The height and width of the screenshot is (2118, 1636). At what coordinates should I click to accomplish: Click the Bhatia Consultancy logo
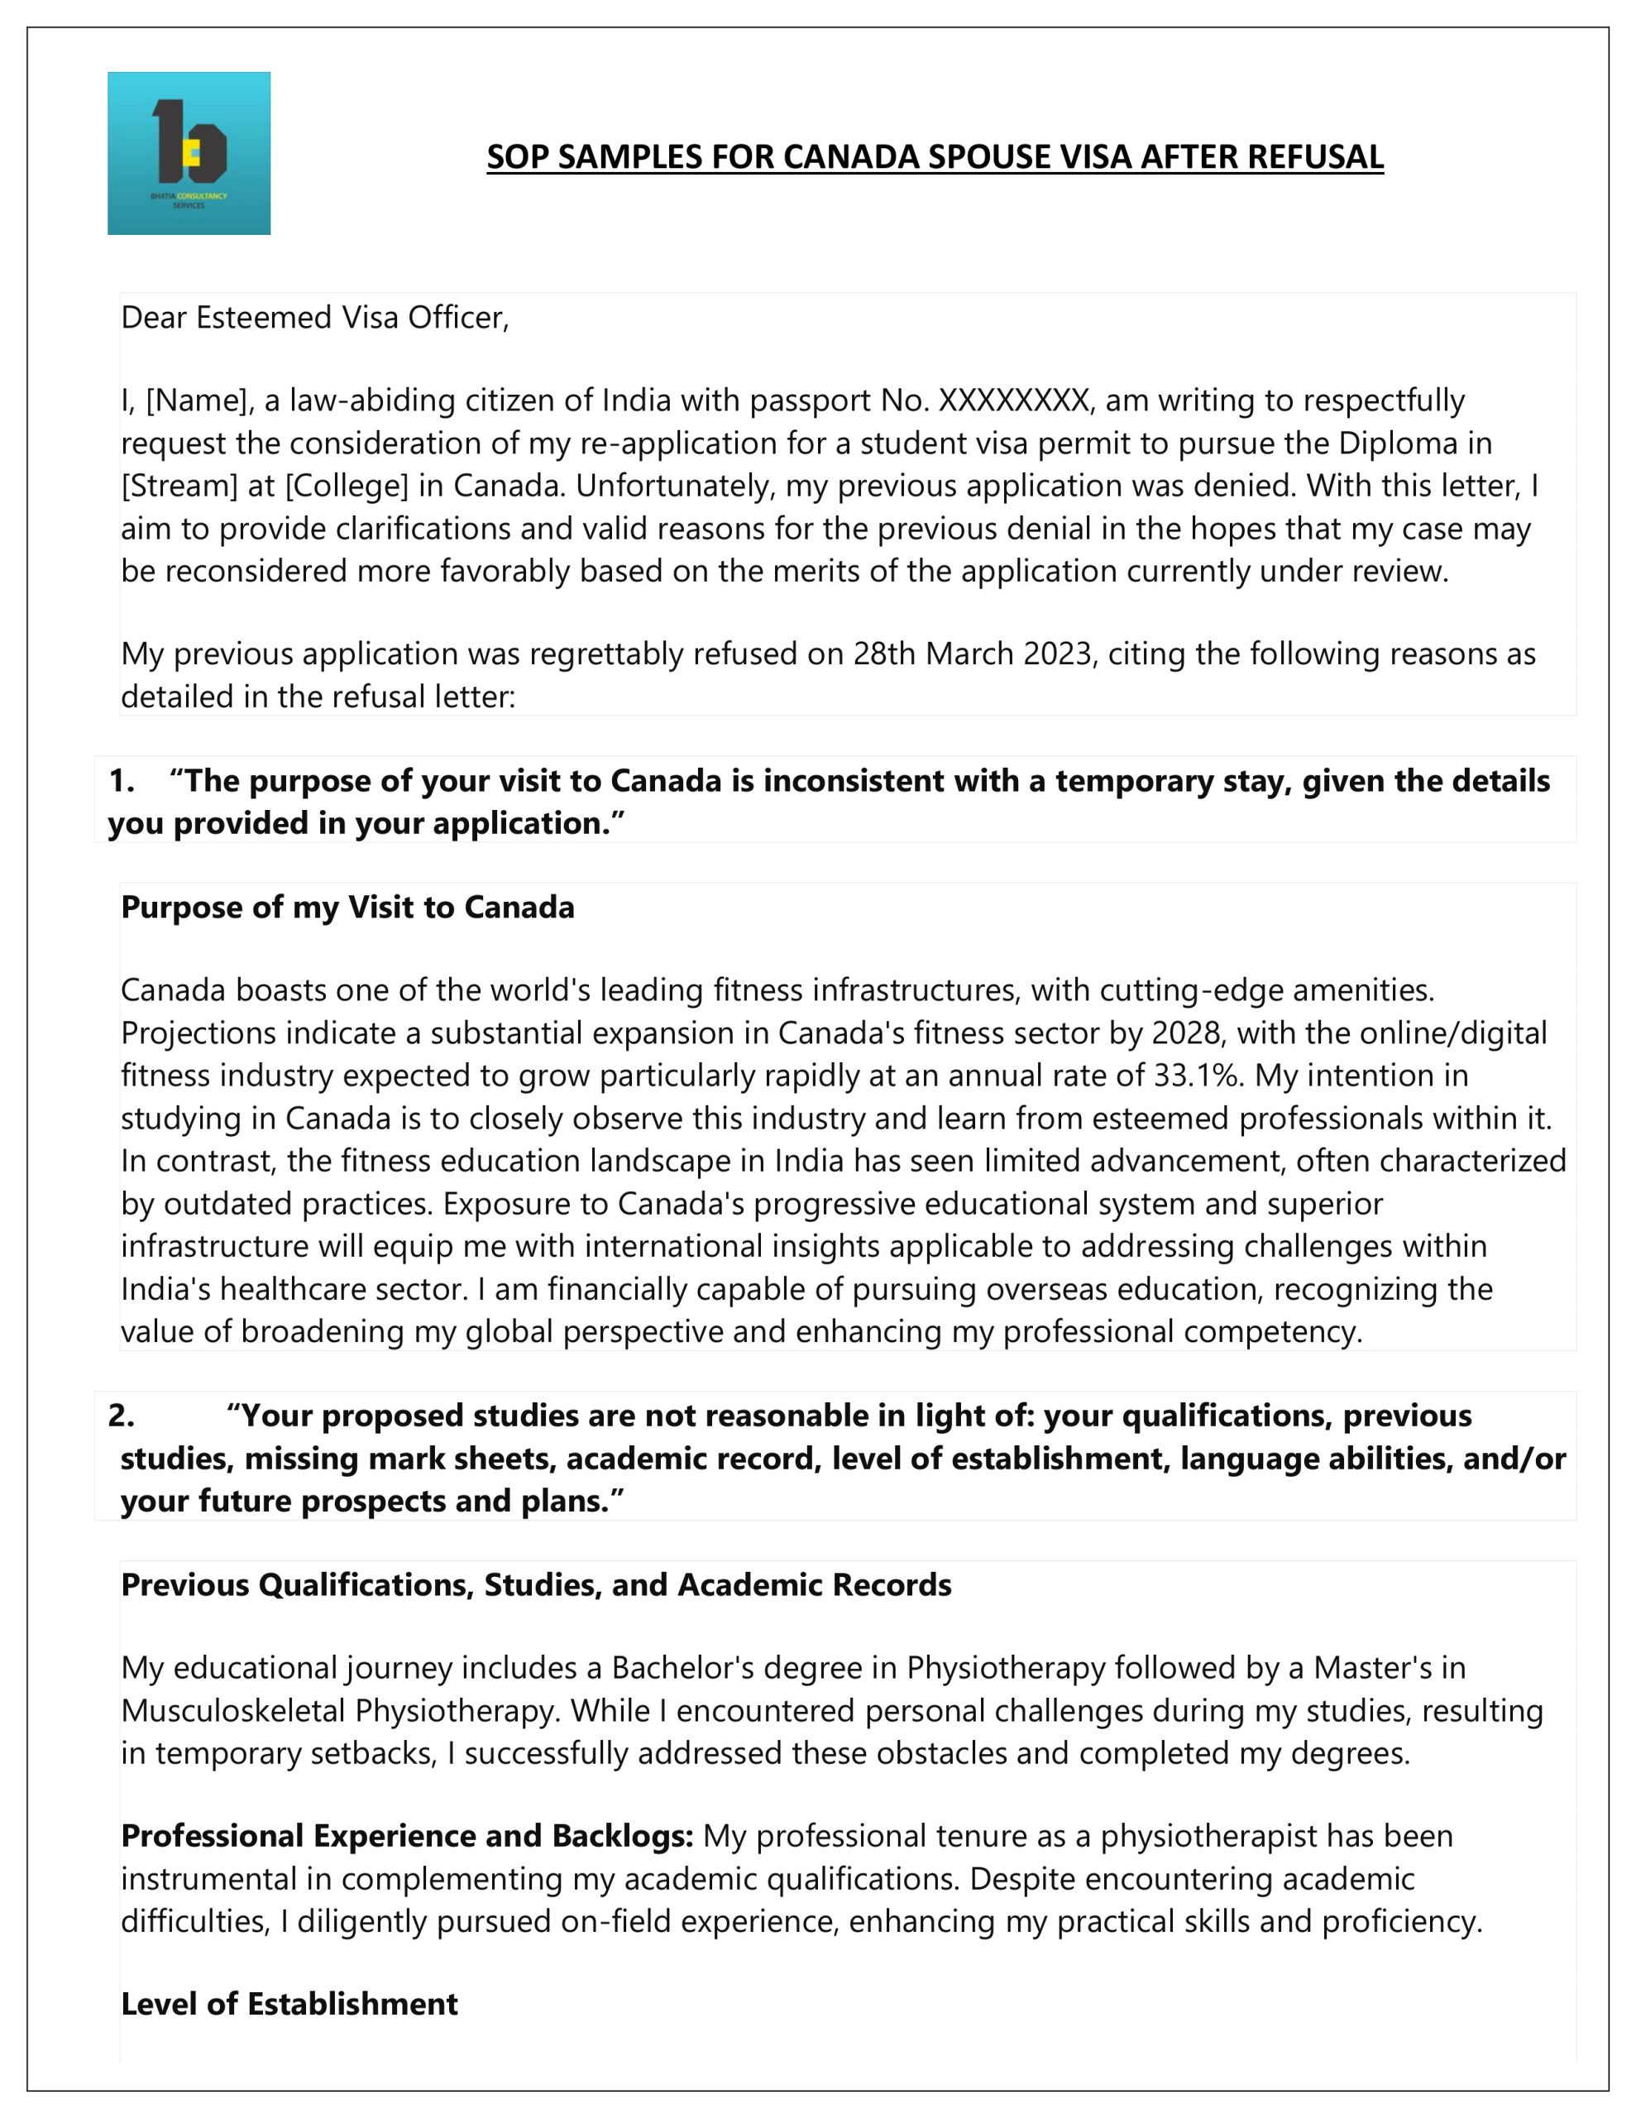coord(189,153)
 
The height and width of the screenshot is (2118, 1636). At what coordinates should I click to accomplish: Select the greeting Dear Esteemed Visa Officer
coord(314,318)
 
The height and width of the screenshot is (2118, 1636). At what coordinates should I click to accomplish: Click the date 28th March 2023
coord(973,654)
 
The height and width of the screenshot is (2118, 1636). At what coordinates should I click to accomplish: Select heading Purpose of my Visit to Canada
coord(347,908)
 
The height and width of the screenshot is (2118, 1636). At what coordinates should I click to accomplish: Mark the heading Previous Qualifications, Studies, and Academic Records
coord(535,1584)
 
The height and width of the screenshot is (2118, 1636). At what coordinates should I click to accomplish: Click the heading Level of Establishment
coord(289,2004)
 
